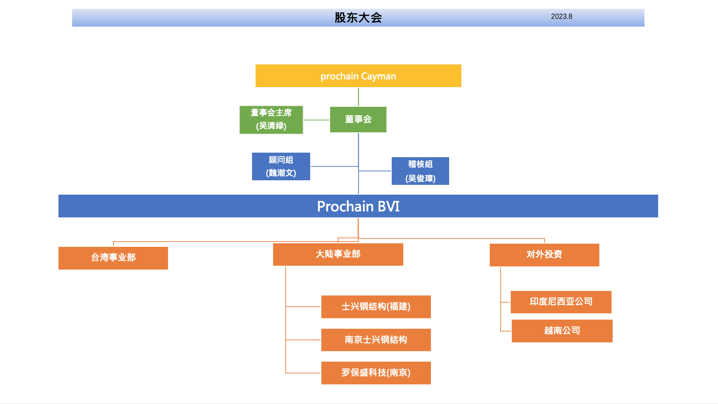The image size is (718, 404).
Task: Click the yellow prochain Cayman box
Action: (x=358, y=76)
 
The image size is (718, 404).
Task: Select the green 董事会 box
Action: (x=358, y=119)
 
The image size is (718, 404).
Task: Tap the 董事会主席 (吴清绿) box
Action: (x=271, y=120)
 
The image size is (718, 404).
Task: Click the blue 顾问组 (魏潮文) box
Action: (x=281, y=166)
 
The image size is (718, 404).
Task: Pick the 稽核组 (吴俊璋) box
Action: (x=420, y=171)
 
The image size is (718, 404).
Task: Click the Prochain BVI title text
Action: (x=358, y=206)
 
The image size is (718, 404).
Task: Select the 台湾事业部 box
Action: (x=113, y=258)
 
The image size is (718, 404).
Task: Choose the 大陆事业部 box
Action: (x=338, y=255)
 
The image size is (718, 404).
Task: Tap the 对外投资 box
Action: (x=544, y=255)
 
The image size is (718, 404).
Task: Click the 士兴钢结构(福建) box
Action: (x=376, y=307)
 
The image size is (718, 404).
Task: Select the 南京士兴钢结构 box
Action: (x=376, y=340)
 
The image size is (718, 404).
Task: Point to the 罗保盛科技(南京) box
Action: (x=376, y=373)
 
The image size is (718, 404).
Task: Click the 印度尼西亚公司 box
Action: (x=561, y=302)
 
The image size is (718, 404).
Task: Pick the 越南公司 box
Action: (x=562, y=331)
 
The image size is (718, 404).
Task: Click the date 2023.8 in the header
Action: (x=561, y=16)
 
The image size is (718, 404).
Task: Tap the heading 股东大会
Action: (x=358, y=18)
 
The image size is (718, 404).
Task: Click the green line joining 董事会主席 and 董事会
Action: (x=316, y=120)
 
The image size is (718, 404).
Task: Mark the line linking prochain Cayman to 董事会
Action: (x=358, y=97)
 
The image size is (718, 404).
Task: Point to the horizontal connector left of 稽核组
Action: (x=375, y=171)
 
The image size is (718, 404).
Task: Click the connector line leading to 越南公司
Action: (x=506, y=331)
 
